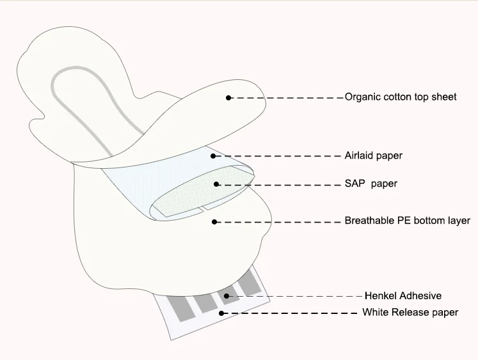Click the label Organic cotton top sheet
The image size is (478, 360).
pos(401,97)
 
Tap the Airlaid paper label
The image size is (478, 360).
pos(374,155)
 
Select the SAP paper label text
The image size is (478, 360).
pos(371,184)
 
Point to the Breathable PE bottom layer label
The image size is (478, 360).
pos(408,221)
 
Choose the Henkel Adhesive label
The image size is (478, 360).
pos(403,296)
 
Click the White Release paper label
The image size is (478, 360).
pos(410,313)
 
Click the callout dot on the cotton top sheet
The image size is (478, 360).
pos(228,97)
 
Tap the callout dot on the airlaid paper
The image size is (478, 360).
pos(212,155)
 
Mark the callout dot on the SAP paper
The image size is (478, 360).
pos(217,184)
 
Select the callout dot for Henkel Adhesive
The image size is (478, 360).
pos(227,295)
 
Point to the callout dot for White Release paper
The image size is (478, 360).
pos(221,313)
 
